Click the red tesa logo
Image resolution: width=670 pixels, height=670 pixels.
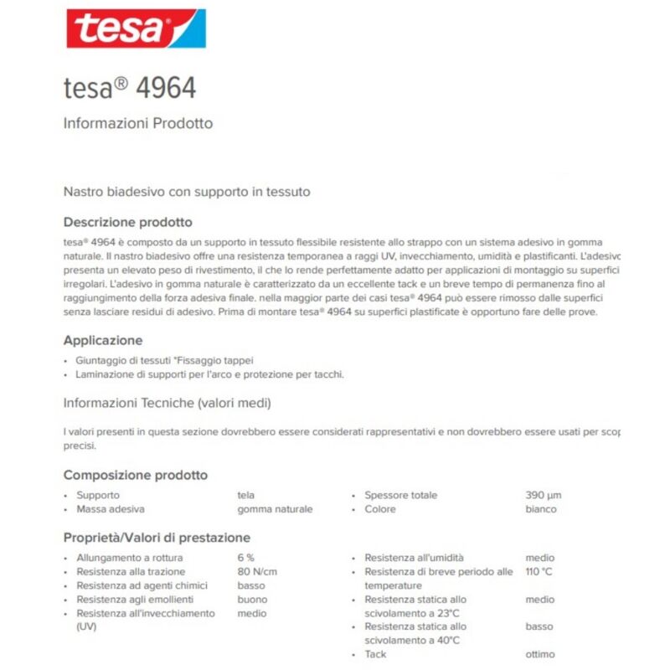(x=136, y=29)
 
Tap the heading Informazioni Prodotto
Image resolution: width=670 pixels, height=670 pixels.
(x=138, y=124)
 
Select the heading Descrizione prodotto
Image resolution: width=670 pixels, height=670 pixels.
(x=128, y=222)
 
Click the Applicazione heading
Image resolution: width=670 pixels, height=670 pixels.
(x=103, y=341)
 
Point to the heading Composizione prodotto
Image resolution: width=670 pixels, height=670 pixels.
(x=136, y=475)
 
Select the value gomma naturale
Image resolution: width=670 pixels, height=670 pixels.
(x=275, y=509)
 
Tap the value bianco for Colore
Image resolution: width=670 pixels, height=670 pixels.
(x=540, y=509)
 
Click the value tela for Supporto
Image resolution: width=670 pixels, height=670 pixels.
(x=247, y=495)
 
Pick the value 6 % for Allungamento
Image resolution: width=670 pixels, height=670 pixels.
(x=246, y=558)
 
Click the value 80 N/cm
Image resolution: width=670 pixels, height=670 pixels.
(x=258, y=572)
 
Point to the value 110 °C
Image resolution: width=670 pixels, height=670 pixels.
(x=539, y=572)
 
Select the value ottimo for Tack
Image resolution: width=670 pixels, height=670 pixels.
(x=539, y=654)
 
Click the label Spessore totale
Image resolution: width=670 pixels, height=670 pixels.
(x=400, y=495)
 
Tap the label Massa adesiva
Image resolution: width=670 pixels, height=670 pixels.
(x=111, y=509)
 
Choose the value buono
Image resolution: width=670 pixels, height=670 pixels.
(x=252, y=600)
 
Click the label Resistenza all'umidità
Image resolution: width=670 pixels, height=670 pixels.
(x=414, y=558)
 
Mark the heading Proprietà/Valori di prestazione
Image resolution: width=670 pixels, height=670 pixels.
(x=157, y=538)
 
